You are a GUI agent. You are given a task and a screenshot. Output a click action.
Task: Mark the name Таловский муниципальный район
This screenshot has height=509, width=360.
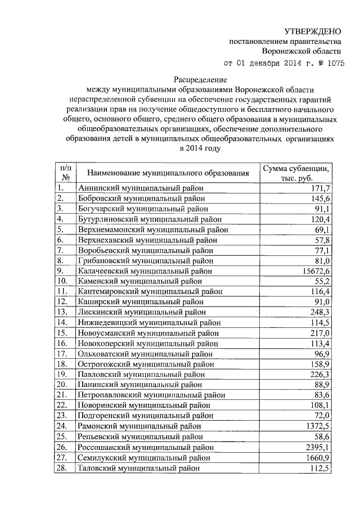pos(138,468)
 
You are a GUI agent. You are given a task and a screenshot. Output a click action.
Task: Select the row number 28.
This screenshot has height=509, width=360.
pos(62,468)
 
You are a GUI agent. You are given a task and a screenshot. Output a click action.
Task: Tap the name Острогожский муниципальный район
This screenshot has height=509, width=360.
pos(146,364)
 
